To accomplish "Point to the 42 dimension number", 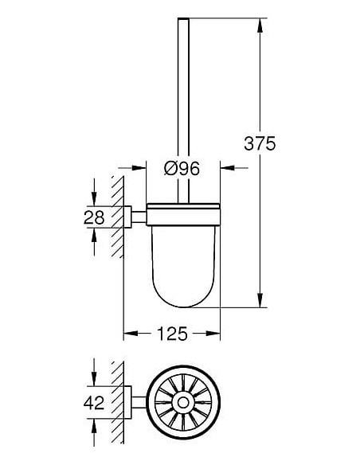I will coord(93,403).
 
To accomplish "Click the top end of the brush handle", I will coord(184,19).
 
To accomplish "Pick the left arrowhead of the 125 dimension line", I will coord(127,333).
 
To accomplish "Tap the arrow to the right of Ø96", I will coord(226,168).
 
